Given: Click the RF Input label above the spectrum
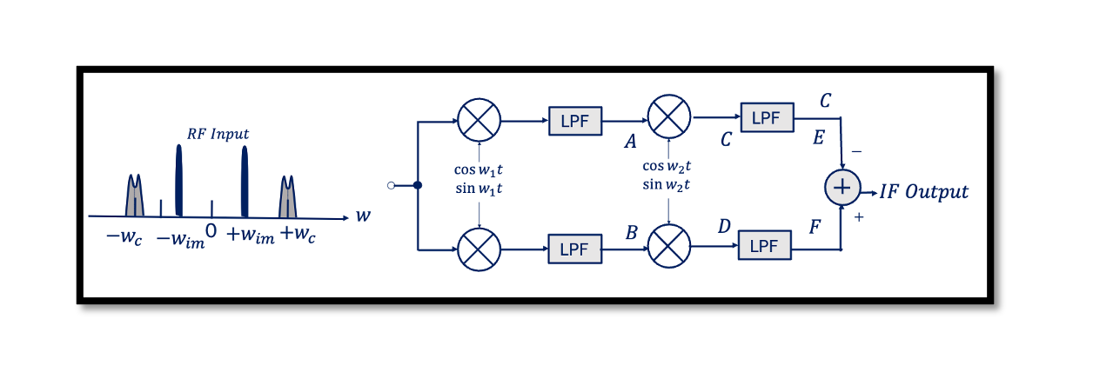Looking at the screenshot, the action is pos(218,134).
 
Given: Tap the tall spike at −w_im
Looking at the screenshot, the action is pos(179,181).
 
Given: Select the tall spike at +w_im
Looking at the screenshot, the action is pos(245,182).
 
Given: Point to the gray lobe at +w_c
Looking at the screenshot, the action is pos(288,196).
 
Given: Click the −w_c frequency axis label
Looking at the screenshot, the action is pos(124,237).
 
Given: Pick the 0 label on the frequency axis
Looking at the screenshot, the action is pos(211,230).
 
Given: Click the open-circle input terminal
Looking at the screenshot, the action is pos(391,185).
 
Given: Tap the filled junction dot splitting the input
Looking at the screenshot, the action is pos(418,185).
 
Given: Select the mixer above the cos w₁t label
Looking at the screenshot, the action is pos(479,120).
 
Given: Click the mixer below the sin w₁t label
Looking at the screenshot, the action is pos(479,249).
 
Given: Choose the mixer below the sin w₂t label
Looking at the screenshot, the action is pos(669,246).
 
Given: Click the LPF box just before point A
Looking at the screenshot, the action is pos(575,121).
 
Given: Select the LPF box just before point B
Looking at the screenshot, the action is pos(575,249).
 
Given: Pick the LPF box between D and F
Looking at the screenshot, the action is pos(765,245).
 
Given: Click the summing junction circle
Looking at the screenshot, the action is pos(842,188).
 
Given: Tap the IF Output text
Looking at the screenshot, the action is pos(923,191).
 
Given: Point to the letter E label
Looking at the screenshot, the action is pos(819,137).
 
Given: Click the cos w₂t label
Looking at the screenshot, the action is pos(667,166).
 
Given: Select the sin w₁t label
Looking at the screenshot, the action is pos(479,189).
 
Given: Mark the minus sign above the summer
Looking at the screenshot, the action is pos(856,151).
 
